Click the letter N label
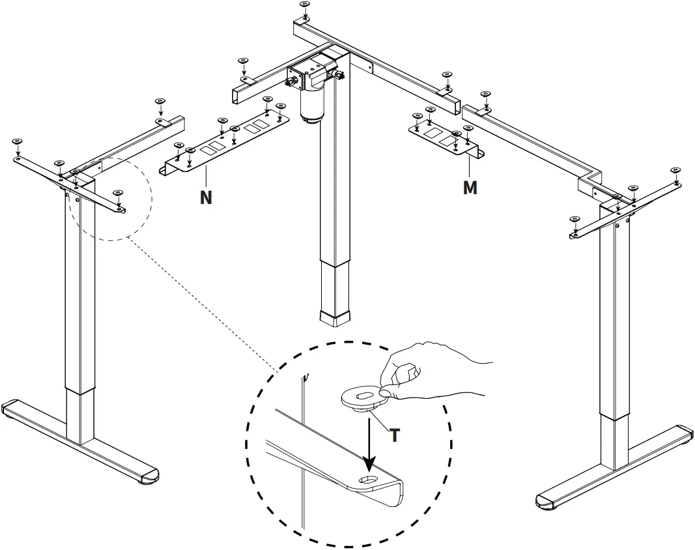coord(206,197)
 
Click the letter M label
coord(470,188)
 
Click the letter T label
coord(394,435)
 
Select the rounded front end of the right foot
coord(546,501)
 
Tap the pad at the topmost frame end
coord(305,5)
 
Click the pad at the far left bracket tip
coord(17,141)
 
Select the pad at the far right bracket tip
coord(675,171)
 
